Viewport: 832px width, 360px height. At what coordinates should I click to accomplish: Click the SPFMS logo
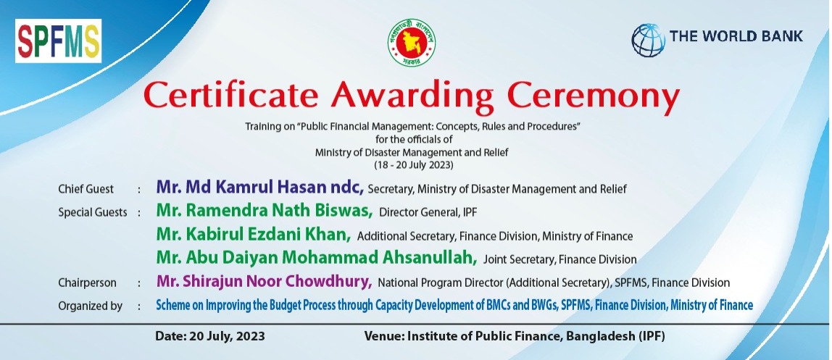(x=59, y=41)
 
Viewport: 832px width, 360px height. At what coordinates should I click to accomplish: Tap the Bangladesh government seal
(x=411, y=43)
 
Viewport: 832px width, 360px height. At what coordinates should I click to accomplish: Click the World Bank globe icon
(x=648, y=40)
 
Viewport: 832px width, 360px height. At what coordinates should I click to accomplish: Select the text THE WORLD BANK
(x=736, y=36)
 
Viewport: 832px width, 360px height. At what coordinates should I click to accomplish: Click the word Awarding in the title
(x=413, y=96)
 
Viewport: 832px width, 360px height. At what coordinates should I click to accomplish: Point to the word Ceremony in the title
(x=594, y=96)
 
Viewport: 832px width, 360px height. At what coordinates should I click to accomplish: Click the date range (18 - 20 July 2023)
(x=413, y=165)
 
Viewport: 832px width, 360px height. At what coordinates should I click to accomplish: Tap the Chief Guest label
(x=86, y=189)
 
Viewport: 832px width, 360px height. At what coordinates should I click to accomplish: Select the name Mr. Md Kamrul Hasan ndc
(x=260, y=187)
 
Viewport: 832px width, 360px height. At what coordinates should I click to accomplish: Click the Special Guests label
(x=93, y=213)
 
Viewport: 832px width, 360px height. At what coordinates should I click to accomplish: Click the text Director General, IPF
(x=428, y=213)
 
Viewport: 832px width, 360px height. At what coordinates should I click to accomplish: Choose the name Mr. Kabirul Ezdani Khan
(x=254, y=234)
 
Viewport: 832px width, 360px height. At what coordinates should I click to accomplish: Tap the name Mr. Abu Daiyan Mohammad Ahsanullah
(x=316, y=257)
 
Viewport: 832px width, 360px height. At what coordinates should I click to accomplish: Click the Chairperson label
(x=87, y=283)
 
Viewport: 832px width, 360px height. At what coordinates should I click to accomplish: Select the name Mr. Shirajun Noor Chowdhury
(x=264, y=281)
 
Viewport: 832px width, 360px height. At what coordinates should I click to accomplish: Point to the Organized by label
(x=90, y=306)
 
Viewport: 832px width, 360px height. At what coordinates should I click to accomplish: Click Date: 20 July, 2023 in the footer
(x=210, y=336)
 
